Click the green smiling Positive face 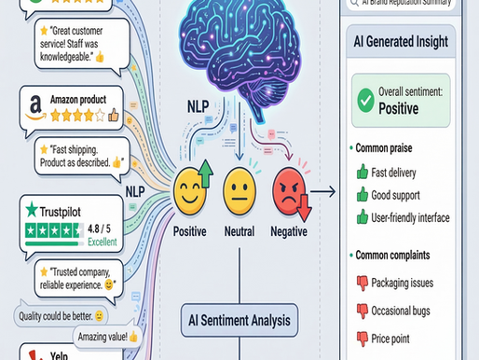click(193, 196)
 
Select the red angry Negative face click(290, 197)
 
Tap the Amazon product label click(85, 100)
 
